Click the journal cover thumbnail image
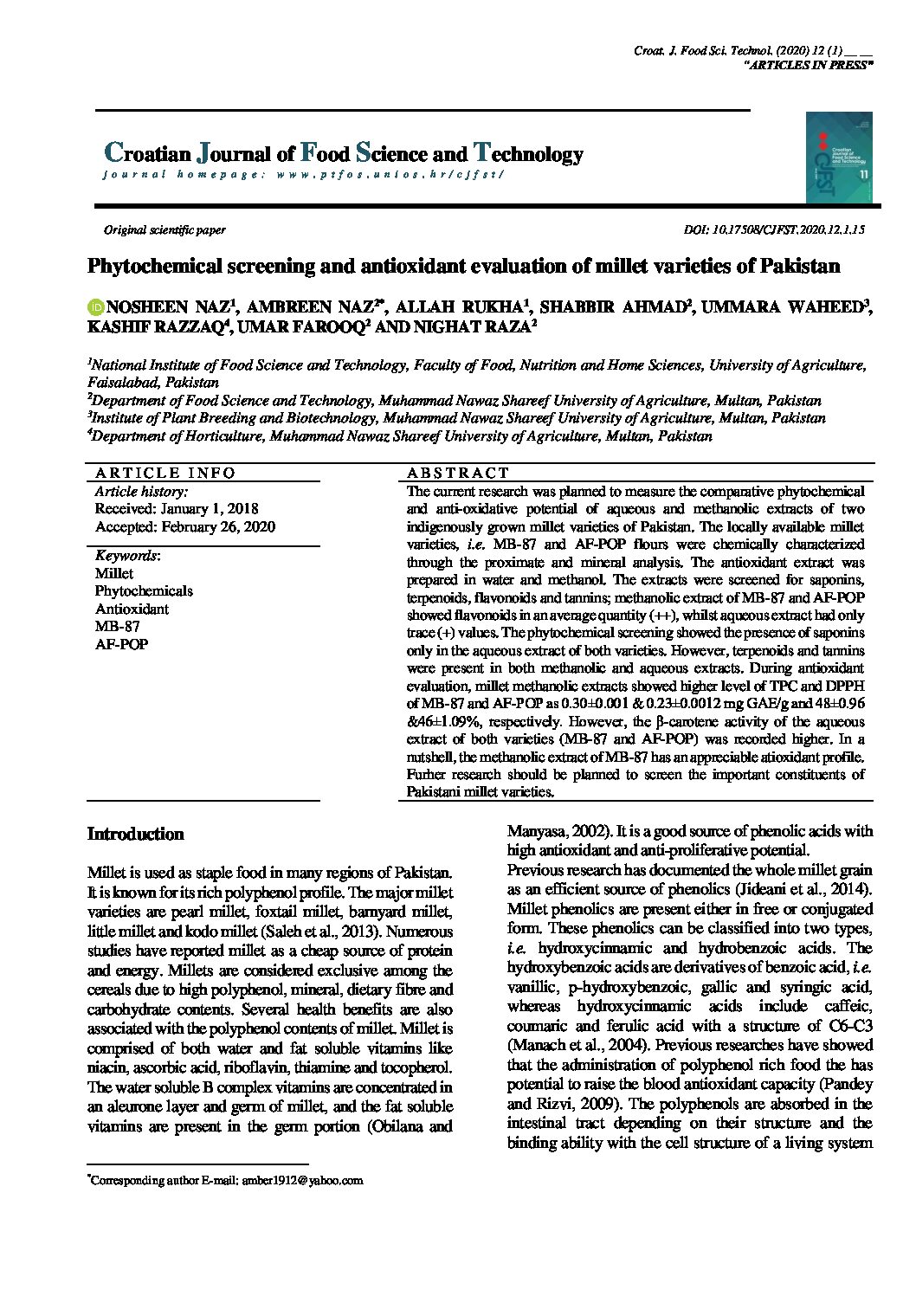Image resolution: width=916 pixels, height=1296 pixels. pos(838,158)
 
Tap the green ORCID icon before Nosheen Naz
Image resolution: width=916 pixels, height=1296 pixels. pos(96,306)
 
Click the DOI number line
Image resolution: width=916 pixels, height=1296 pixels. pos(774,230)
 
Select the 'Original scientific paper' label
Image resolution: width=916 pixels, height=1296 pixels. pos(164,230)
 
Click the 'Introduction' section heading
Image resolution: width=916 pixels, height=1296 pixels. pos(136,835)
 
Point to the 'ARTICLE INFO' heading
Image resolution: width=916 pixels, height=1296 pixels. pos(164,473)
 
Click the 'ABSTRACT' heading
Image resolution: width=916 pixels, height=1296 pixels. pos(458,473)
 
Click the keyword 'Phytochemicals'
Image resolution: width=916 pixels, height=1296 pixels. pos(144,591)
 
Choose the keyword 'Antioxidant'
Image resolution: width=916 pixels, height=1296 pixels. pos(132,609)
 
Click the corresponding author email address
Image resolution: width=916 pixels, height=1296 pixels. pos(302,1180)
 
